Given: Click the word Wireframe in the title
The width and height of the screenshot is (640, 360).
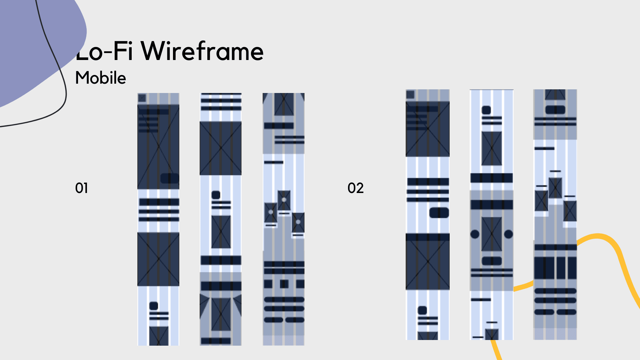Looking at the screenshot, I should click(x=202, y=51).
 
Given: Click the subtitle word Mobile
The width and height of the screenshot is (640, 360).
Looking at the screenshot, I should click(x=101, y=78).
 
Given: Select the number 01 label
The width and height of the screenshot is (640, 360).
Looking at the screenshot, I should click(x=82, y=188).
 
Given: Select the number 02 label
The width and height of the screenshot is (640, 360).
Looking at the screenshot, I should click(x=356, y=188).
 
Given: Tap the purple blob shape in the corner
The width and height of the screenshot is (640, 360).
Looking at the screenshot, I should click(x=27, y=50).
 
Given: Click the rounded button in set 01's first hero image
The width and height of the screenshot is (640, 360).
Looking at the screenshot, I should click(x=170, y=178).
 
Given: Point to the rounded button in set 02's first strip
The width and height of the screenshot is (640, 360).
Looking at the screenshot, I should click(x=439, y=213).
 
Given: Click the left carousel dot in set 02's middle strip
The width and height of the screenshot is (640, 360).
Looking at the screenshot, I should click(x=475, y=234).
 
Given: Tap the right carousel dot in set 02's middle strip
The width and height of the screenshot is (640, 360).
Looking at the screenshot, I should click(x=508, y=234).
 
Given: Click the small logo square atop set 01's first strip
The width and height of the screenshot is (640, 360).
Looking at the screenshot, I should click(x=142, y=98).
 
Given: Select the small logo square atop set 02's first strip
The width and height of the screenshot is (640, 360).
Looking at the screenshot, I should click(x=410, y=95).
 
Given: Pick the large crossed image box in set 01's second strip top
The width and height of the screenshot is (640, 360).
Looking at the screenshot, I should click(x=221, y=148).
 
